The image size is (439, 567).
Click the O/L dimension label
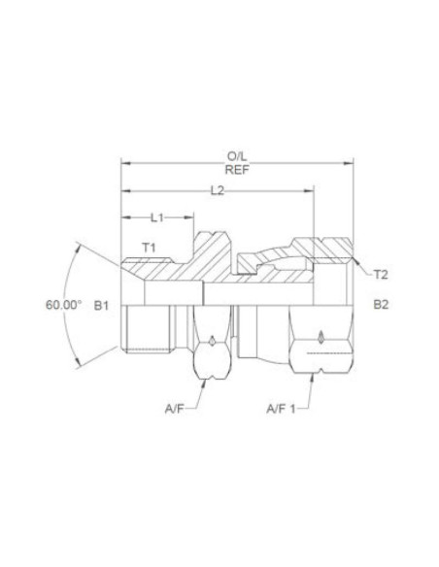point(236,154)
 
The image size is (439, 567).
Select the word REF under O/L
point(236,168)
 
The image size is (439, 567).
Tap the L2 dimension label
point(218,191)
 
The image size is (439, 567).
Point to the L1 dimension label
point(158,217)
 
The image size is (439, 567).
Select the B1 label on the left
point(101,304)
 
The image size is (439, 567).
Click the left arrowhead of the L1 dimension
point(124,217)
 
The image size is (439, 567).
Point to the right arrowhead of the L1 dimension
point(190,217)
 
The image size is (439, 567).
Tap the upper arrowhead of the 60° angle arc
point(81,247)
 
